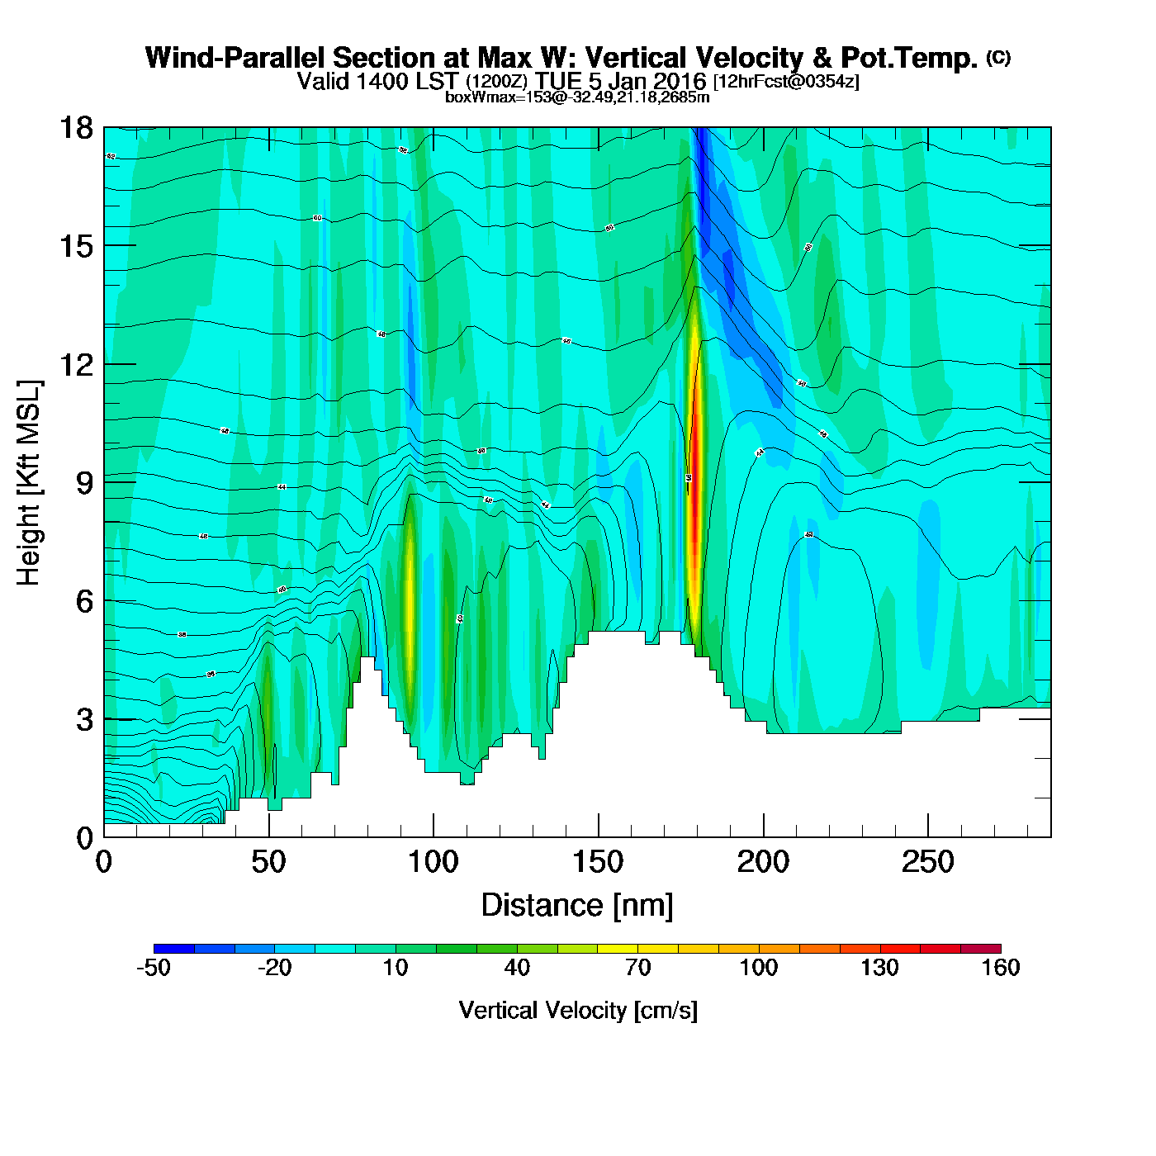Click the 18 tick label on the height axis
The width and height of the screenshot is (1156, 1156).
(x=75, y=128)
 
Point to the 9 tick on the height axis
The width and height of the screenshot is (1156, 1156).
(x=84, y=483)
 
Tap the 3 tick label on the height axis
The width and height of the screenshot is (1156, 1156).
(x=84, y=720)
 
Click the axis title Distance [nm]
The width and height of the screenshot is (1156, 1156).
(x=577, y=906)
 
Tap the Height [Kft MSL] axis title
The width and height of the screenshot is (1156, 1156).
(x=29, y=483)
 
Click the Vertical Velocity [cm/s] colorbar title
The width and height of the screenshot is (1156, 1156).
(x=577, y=1010)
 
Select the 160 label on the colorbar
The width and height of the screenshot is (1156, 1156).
(x=1000, y=968)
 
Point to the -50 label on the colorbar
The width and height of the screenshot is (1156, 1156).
(x=154, y=968)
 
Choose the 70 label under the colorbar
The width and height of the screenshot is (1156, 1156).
(x=637, y=968)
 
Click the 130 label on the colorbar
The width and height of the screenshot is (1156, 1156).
(x=879, y=968)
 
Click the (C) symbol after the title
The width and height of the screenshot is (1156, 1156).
(x=998, y=57)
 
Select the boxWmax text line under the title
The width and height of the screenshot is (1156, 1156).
(x=577, y=97)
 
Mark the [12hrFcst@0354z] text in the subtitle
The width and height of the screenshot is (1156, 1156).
(x=786, y=81)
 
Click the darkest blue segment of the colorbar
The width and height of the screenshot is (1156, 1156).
(x=173, y=949)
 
